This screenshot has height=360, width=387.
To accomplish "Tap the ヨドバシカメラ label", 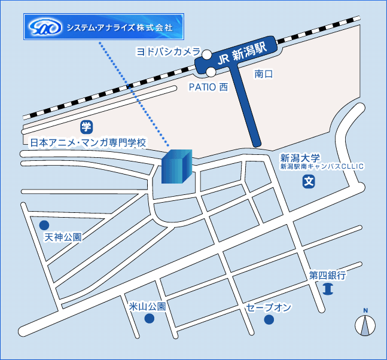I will (x=167, y=53).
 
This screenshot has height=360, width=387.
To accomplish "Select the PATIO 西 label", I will (x=209, y=87).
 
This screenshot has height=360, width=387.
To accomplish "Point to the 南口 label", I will (x=263, y=74).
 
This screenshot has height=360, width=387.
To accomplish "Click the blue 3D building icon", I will (x=176, y=166).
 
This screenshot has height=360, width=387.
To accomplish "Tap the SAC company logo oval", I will (x=45, y=28).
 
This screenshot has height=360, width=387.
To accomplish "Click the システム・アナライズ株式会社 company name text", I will (x=119, y=28).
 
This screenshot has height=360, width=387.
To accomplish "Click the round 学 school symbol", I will (x=87, y=126).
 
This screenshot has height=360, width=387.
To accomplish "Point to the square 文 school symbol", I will (x=308, y=181).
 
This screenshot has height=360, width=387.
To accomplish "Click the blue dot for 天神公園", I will (x=44, y=225).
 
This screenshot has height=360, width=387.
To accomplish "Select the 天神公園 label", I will (x=63, y=237).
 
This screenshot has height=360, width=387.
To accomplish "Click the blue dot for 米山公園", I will (x=149, y=318).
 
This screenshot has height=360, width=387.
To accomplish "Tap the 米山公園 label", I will (x=147, y=306).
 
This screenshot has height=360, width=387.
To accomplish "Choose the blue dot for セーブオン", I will (x=269, y=320).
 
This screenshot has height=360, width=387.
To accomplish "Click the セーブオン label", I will (x=269, y=307).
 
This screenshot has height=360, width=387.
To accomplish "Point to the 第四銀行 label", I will (x=327, y=276).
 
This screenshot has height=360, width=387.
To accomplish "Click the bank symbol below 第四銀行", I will (x=327, y=290).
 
